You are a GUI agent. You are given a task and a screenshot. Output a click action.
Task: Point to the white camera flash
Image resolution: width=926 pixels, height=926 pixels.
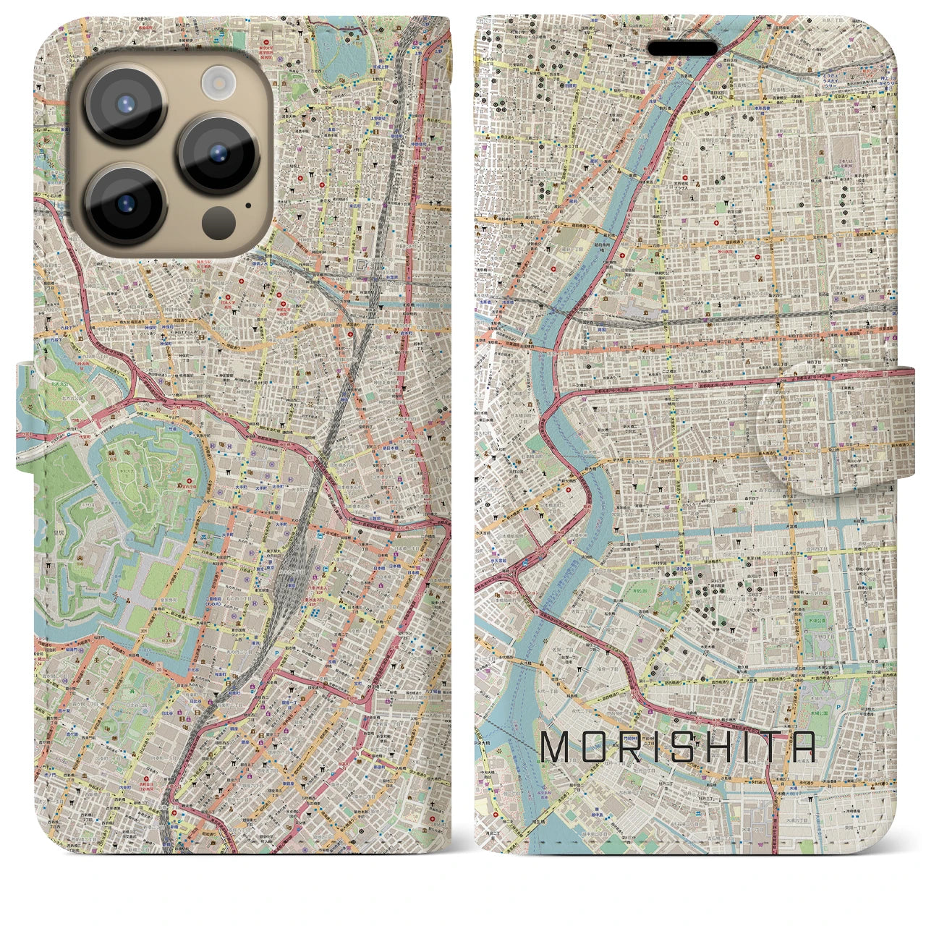[x=216, y=81]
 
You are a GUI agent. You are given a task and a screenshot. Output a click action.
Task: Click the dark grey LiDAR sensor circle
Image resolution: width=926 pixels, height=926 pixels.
[x=216, y=219]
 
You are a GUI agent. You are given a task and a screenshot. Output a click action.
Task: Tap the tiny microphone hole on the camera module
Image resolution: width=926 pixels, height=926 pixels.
[x=248, y=204]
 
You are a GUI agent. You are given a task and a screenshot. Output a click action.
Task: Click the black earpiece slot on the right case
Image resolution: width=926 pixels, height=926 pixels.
[x=682, y=48]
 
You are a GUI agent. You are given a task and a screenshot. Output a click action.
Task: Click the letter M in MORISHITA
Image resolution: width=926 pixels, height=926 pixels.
[x=556, y=747]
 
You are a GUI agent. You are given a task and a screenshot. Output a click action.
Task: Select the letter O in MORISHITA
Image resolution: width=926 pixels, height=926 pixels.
[x=595, y=747]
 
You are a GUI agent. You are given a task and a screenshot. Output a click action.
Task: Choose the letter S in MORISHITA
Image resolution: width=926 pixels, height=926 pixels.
[x=685, y=747]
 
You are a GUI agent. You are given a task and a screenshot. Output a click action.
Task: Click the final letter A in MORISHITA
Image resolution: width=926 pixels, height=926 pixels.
[x=803, y=747]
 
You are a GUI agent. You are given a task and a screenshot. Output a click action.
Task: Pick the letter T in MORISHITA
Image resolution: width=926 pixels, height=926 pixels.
[x=767, y=747]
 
